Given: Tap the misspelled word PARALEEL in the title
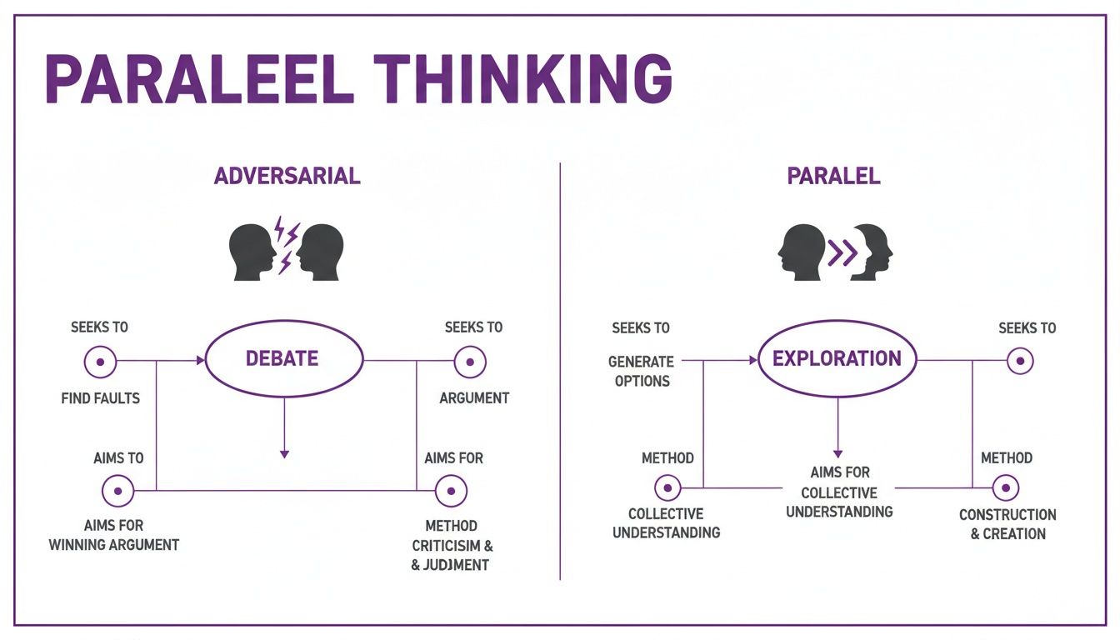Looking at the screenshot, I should click(194, 79).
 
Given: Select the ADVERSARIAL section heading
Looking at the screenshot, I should click(287, 177).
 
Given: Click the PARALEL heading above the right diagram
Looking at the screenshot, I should click(833, 177).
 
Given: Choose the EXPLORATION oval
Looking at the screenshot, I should click(837, 359).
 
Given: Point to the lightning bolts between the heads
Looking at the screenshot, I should click(287, 244).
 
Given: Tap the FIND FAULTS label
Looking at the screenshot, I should click(101, 398).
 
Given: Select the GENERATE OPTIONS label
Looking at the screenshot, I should click(640, 372).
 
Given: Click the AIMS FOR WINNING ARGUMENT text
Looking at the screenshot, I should click(114, 535).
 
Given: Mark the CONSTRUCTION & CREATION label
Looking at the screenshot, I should click(1007, 524).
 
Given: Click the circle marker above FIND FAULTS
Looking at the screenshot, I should click(100, 362).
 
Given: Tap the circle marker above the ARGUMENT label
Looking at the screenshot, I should click(470, 362).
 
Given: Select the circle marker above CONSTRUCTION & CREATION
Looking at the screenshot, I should click(1005, 488).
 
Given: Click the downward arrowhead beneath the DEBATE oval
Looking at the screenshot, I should click(284, 453).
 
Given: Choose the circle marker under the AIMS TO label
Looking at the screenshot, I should click(117, 491).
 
